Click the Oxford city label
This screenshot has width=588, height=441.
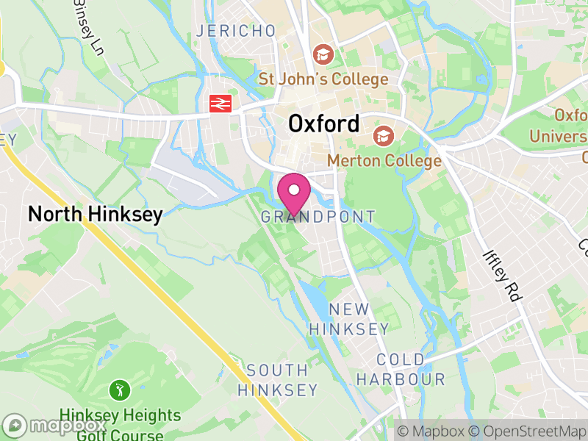point(324,123)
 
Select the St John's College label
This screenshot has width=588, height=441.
point(323,79)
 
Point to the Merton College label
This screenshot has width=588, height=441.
point(384,160)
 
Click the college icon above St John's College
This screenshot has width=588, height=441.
point(322,54)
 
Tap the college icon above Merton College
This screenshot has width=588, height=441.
point(382,136)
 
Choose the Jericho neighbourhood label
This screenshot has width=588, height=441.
point(235,31)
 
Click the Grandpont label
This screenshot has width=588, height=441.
point(318,217)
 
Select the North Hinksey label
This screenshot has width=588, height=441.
point(95,214)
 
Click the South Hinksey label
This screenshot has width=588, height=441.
point(277,380)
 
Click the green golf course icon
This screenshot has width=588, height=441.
point(118,388)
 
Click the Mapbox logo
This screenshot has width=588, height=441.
point(56,426)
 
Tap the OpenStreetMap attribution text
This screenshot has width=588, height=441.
point(527,431)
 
